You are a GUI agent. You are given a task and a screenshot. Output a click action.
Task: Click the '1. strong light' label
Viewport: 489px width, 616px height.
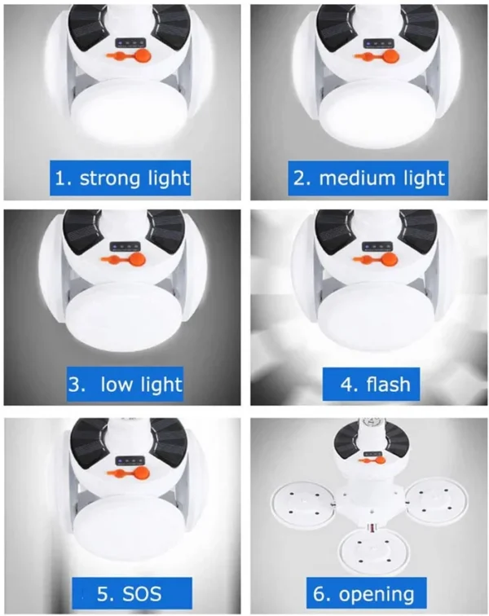121,178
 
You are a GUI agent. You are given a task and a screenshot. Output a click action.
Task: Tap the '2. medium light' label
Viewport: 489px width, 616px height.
368,178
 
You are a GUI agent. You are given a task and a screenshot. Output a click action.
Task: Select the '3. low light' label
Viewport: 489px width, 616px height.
125,384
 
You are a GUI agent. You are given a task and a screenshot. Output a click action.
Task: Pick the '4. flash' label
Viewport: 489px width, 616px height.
371,384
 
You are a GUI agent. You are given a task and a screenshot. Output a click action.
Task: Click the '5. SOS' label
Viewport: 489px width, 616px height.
132,593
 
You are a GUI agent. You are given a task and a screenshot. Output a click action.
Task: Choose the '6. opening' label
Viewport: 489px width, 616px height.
367,593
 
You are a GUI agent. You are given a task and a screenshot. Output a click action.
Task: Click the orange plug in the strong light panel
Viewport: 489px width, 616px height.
129,55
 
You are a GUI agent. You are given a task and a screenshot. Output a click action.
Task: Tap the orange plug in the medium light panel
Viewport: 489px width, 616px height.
377,56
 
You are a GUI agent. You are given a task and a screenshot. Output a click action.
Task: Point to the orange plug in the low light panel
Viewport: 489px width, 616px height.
123,259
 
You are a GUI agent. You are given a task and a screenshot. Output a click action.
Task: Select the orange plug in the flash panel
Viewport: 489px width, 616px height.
376,259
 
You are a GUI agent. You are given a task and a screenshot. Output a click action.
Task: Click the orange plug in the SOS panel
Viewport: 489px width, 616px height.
129,473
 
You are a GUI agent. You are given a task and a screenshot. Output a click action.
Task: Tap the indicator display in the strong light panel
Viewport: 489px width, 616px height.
129,42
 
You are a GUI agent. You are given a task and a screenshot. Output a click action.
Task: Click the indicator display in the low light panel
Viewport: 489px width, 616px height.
125,246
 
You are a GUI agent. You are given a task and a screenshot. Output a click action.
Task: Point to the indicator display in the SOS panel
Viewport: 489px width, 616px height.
129,461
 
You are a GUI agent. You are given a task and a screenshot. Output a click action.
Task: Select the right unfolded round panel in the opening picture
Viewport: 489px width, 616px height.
437,500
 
